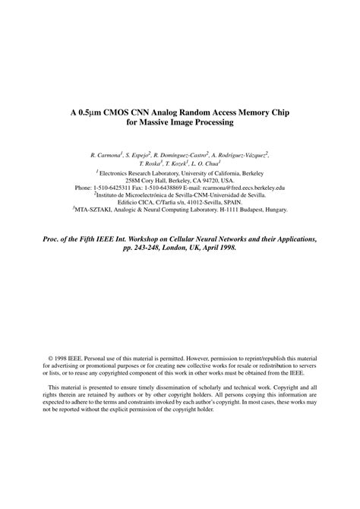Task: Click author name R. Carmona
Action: pyautogui.click(x=106, y=154)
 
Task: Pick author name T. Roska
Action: pyautogui.click(x=150, y=163)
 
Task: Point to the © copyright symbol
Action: pyautogui.click(x=50, y=356)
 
